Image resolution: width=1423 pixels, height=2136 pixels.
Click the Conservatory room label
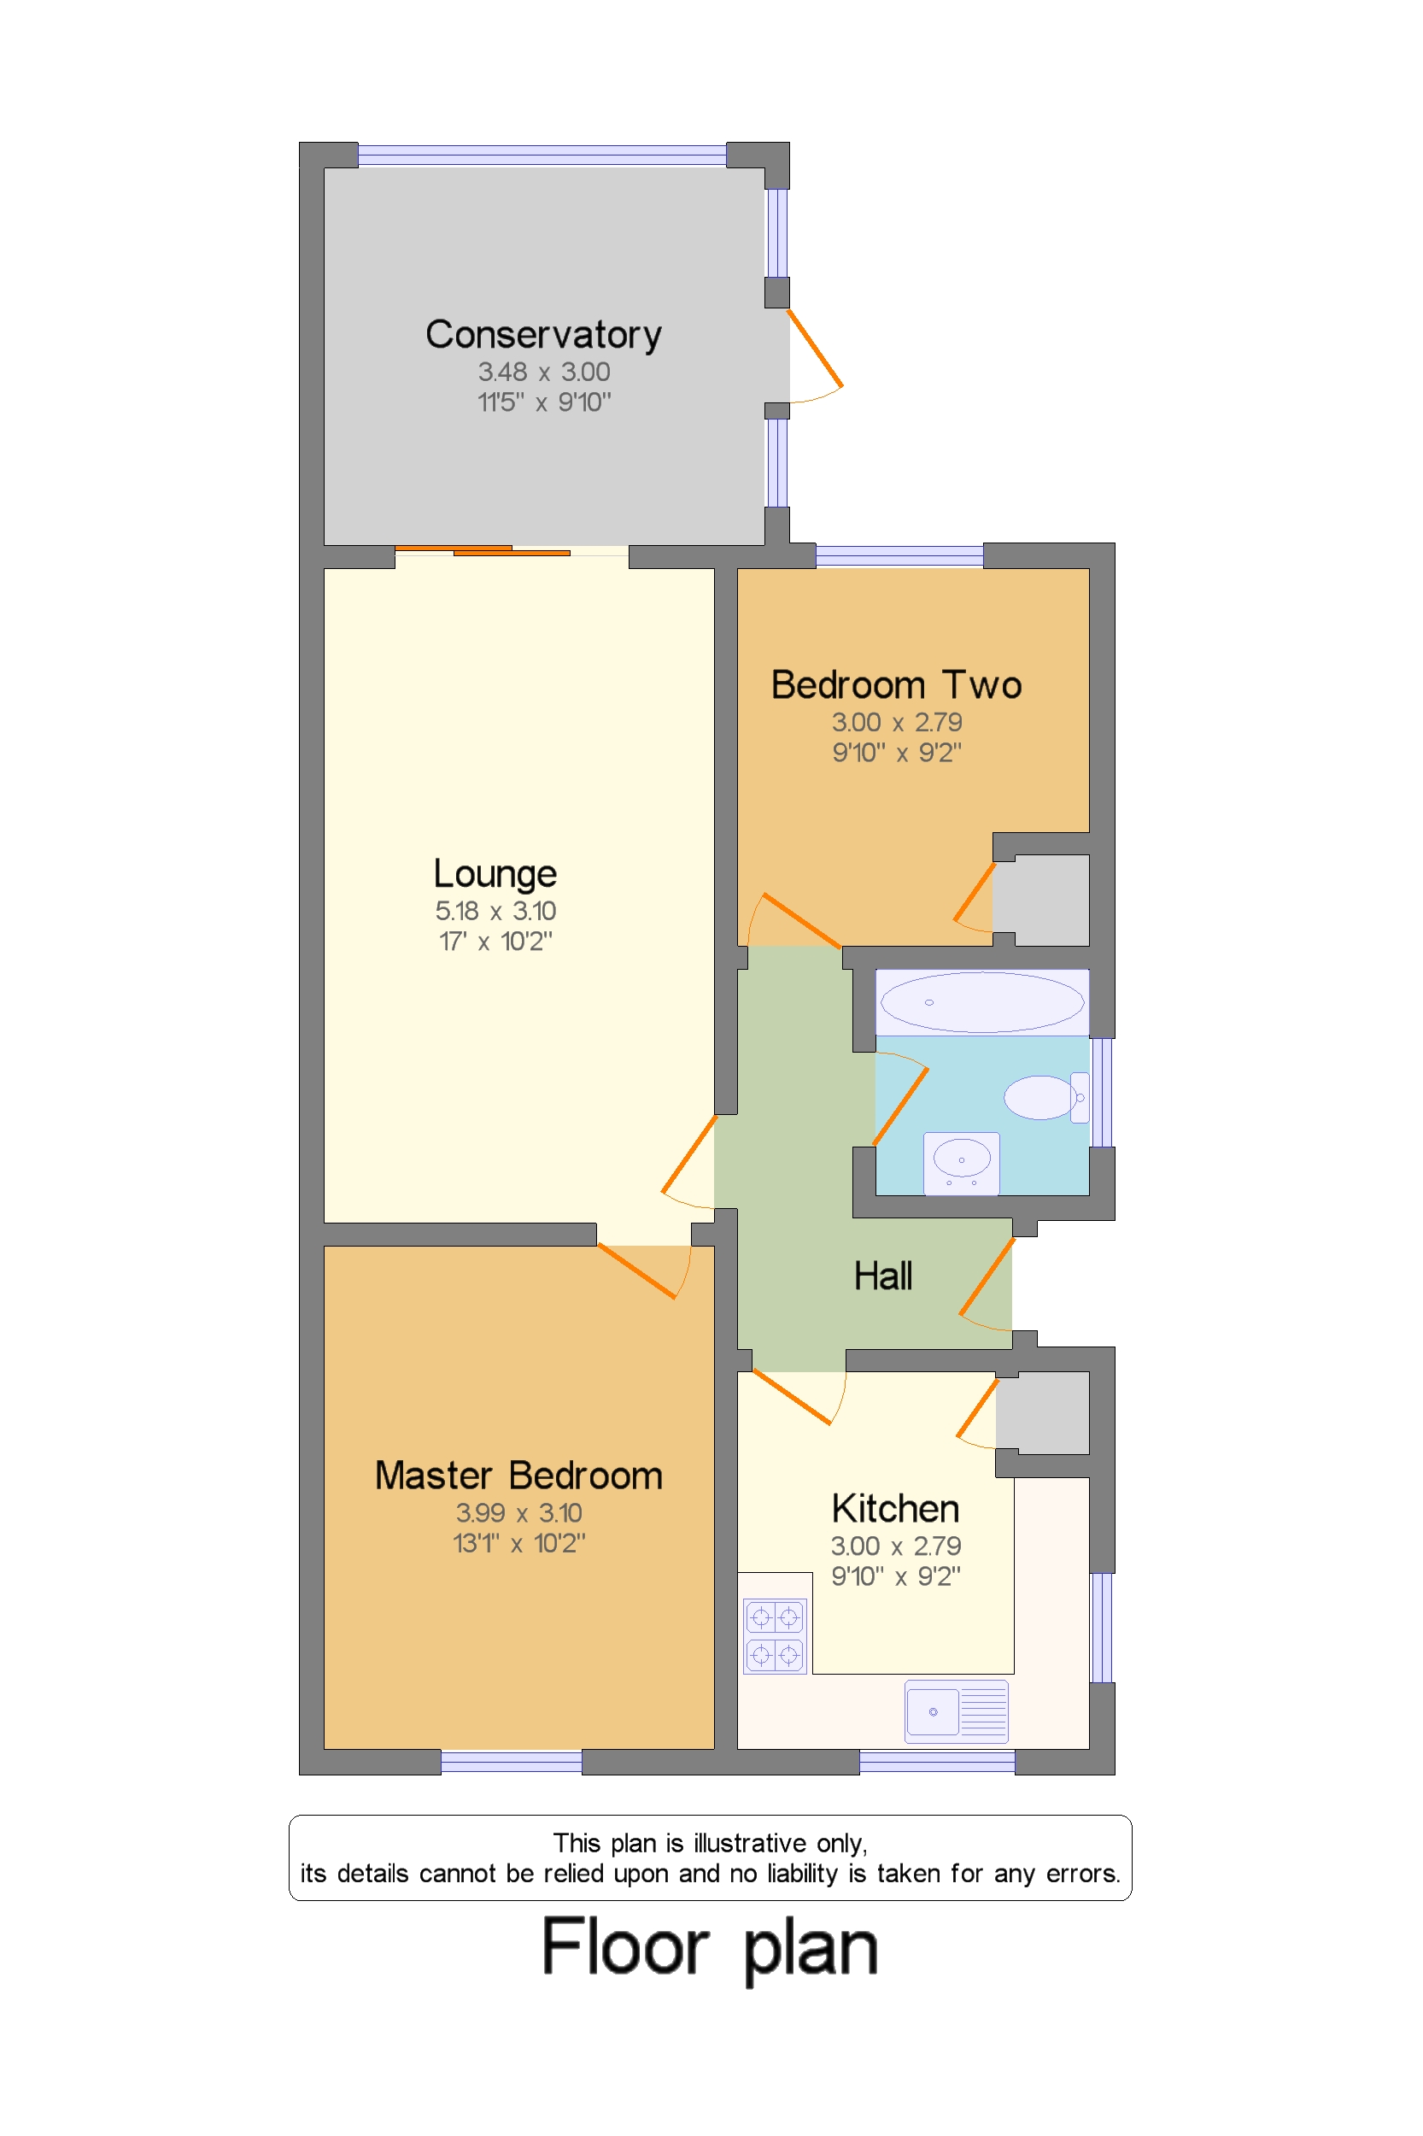(x=542, y=335)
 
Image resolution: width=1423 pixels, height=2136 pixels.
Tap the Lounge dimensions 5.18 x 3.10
(x=495, y=911)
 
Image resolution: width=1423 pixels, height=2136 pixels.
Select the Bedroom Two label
(x=896, y=685)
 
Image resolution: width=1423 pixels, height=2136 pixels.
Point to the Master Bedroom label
(x=518, y=1476)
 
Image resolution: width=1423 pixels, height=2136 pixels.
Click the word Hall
(x=882, y=1276)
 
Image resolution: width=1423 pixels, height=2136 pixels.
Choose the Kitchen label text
(x=895, y=1509)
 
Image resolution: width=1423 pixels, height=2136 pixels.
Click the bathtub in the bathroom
(x=982, y=1002)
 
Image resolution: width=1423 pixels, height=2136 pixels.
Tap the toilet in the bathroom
(x=1044, y=1098)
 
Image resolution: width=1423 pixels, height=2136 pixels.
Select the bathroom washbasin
(x=961, y=1162)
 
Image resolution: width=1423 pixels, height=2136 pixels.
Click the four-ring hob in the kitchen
(x=774, y=1636)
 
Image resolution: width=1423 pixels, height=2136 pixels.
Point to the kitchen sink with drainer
(x=956, y=1711)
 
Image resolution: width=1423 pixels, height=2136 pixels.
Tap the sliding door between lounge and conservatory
(x=483, y=550)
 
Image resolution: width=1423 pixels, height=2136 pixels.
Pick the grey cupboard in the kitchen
(x=1042, y=1412)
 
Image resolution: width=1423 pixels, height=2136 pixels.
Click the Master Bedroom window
(x=511, y=1762)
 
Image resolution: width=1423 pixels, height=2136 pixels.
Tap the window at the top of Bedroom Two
(x=899, y=555)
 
